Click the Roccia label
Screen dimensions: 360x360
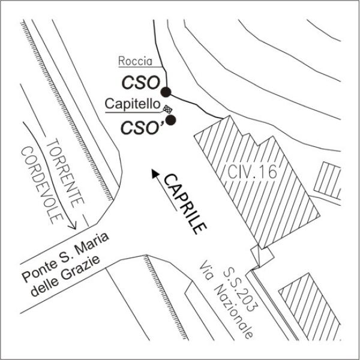[135, 61]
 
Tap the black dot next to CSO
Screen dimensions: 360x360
[166, 92]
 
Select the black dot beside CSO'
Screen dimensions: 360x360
[170, 120]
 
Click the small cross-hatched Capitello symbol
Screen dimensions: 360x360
[167, 109]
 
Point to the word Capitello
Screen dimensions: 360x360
[133, 104]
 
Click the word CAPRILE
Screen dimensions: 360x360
[185, 204]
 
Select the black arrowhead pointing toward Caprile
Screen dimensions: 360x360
[155, 173]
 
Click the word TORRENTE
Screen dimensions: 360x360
[65, 173]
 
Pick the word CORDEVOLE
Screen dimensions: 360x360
[42, 185]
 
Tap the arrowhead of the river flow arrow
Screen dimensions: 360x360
[73, 226]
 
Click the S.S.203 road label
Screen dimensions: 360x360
[240, 290]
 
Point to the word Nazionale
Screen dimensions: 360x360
[234, 313]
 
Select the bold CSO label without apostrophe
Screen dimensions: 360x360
[140, 83]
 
